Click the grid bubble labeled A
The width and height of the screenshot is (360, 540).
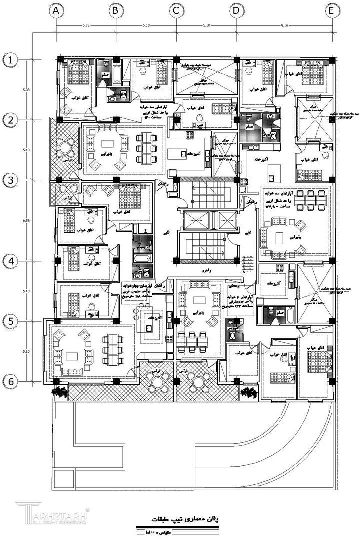point(56,10)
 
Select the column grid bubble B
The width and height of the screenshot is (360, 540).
point(116,10)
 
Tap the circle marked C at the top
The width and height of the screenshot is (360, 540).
point(175,10)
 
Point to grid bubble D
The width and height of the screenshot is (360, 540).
point(236,10)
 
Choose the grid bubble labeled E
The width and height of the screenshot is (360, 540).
point(331,10)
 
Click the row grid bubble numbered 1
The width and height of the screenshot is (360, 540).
point(11,60)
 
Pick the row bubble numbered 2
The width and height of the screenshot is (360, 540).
point(11,120)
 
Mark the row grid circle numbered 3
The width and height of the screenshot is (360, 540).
point(11,180)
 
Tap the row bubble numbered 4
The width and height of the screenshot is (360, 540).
point(11,260)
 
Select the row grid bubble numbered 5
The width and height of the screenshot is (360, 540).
point(11,321)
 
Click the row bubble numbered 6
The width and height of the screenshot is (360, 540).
point(11,381)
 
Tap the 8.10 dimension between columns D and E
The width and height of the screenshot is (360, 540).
point(283,24)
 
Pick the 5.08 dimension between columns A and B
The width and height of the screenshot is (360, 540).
point(86,24)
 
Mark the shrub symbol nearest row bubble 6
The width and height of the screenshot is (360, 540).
point(60,392)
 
